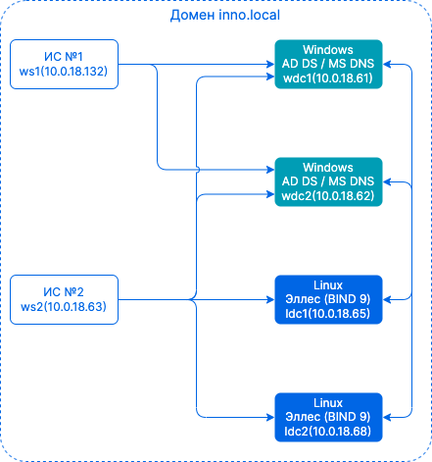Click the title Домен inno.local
(x=216, y=18)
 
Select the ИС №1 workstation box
(x=63, y=65)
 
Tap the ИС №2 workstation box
(x=63, y=299)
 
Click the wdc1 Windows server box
(x=328, y=65)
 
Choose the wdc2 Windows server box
(x=328, y=181)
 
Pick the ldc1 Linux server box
(x=328, y=300)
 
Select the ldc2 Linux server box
(x=328, y=416)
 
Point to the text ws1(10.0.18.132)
(x=63, y=73)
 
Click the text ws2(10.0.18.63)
(x=63, y=307)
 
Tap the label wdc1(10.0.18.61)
(x=328, y=78)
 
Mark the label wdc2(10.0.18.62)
(x=328, y=195)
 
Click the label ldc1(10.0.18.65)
(x=328, y=314)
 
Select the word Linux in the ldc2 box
(x=328, y=402)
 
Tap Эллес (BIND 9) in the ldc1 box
(x=328, y=300)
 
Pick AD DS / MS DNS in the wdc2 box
(x=328, y=181)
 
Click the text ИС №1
(x=63, y=57)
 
